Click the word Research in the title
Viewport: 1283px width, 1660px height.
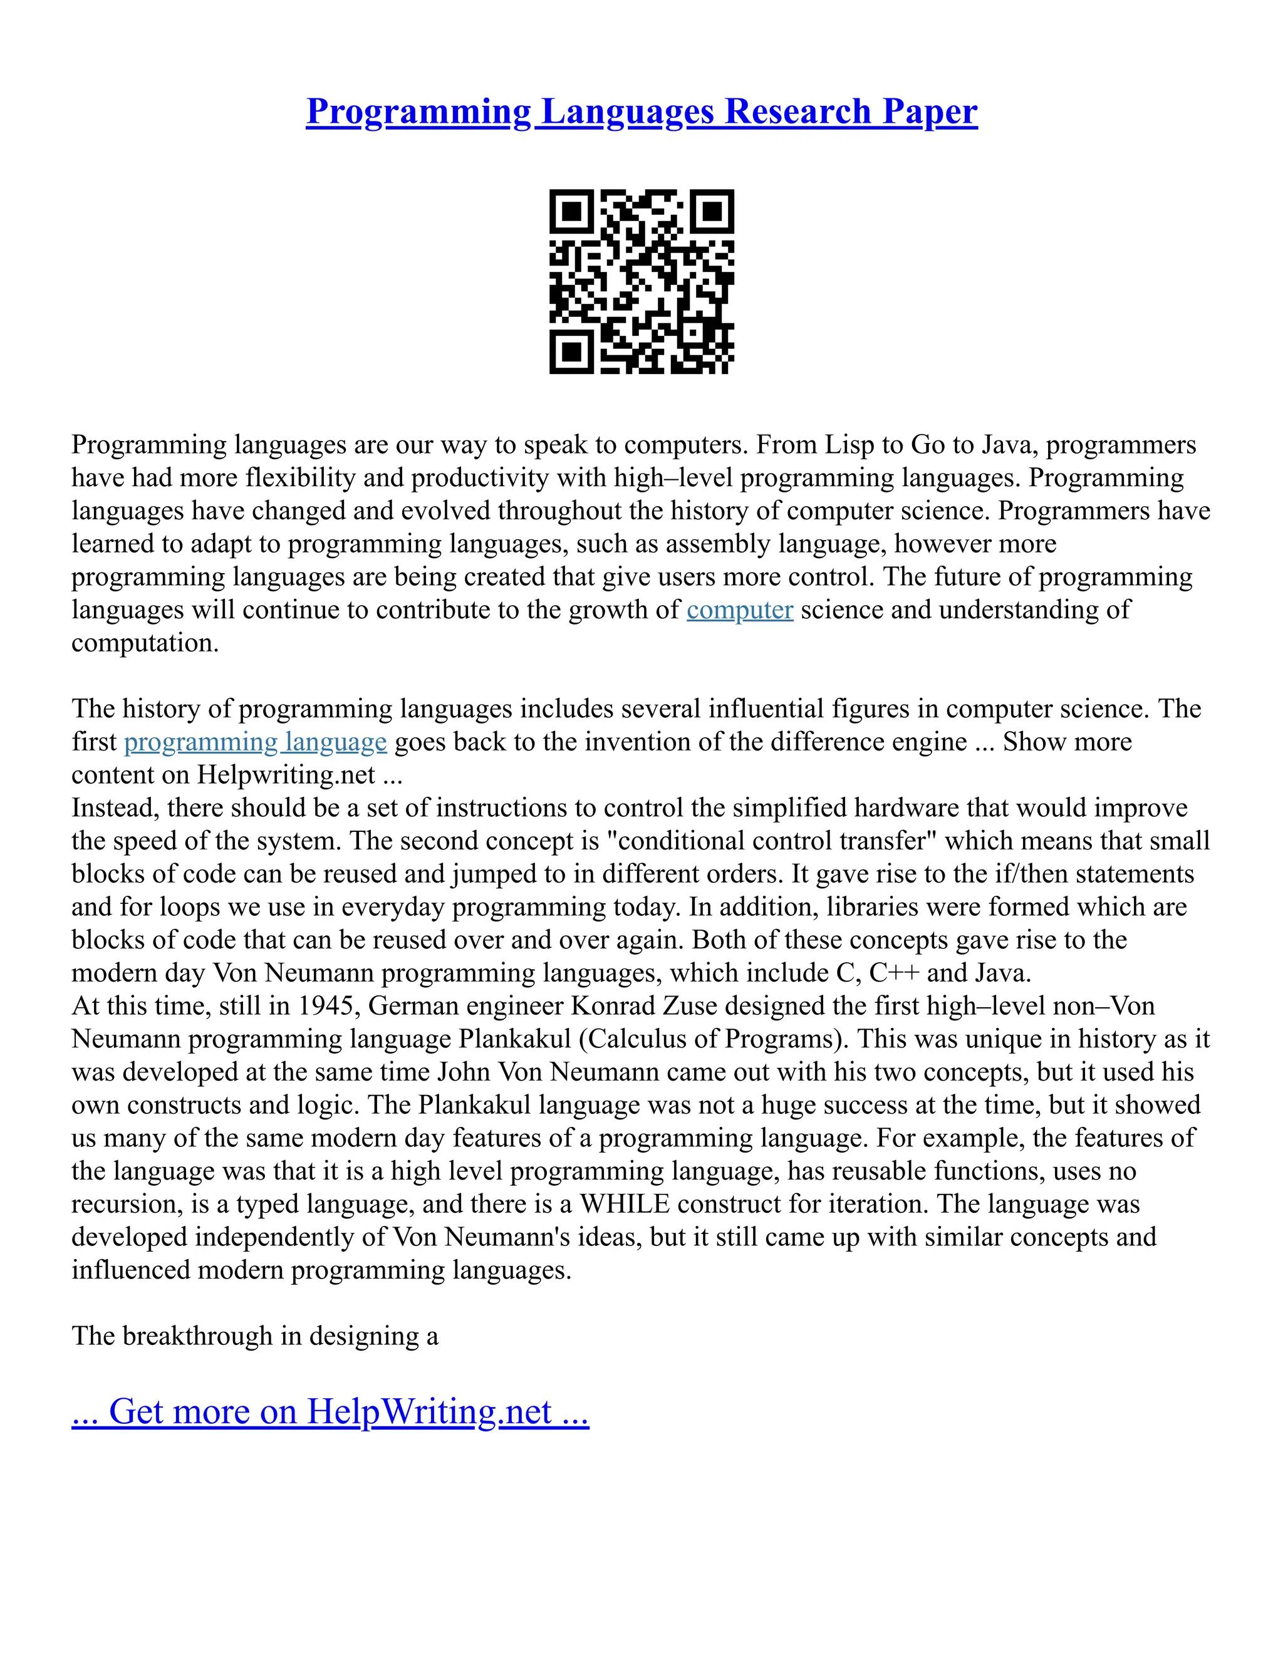pyautogui.click(x=797, y=112)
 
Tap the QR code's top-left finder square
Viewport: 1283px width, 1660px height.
pyautogui.click(x=571, y=211)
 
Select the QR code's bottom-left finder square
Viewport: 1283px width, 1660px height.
pyautogui.click(x=571, y=352)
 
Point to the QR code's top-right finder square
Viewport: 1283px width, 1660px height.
pyautogui.click(x=712, y=211)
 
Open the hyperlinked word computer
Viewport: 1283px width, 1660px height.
pyautogui.click(x=740, y=610)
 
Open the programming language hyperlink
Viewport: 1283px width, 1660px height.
pyautogui.click(x=256, y=741)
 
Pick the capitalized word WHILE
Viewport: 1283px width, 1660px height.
pyautogui.click(x=625, y=1204)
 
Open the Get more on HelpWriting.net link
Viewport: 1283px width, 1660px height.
pyautogui.click(x=330, y=1411)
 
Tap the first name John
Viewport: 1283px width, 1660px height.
pyautogui.click(x=464, y=1072)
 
